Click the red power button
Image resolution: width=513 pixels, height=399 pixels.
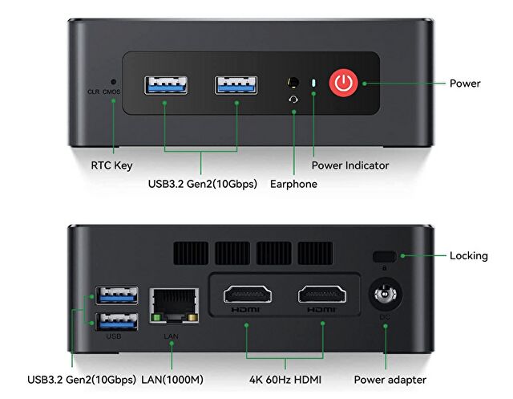[x=344, y=83]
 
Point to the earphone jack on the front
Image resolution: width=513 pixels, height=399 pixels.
[x=293, y=83]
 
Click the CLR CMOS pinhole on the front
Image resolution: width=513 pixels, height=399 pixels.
[x=114, y=81]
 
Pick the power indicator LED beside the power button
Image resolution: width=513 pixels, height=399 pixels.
[x=313, y=83]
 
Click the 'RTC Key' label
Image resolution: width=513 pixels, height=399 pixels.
[x=111, y=166]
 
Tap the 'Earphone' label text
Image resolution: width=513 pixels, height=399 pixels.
[x=294, y=184]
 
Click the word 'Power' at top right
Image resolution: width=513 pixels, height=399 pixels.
[x=465, y=83]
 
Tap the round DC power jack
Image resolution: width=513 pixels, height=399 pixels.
[x=385, y=295]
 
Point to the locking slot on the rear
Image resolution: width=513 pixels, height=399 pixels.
[x=383, y=256]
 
